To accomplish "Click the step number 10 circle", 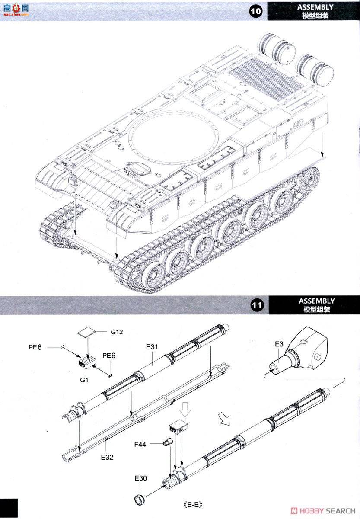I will pos(256,12).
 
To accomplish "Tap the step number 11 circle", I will pos(257,306).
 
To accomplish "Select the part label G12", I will pos(117,332).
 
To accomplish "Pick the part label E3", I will pos(279,344).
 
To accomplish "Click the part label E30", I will pos(141,479).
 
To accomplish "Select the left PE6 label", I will pos(35,347).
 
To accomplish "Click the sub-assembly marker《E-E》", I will pos(193,505).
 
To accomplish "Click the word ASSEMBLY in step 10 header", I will pos(315,7).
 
